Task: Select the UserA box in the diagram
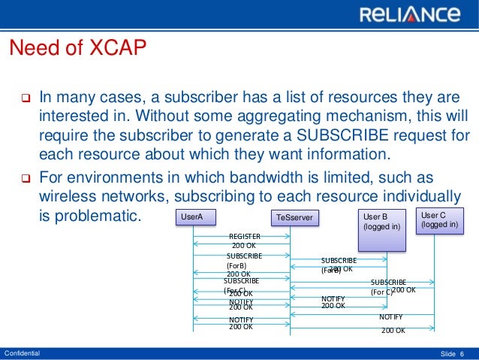[194, 218]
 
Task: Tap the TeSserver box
[294, 218]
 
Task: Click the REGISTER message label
[245, 236]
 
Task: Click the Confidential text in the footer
[23, 352]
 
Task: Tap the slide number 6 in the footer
[462, 353]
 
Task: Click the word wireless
[65, 196]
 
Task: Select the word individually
[426, 196]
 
